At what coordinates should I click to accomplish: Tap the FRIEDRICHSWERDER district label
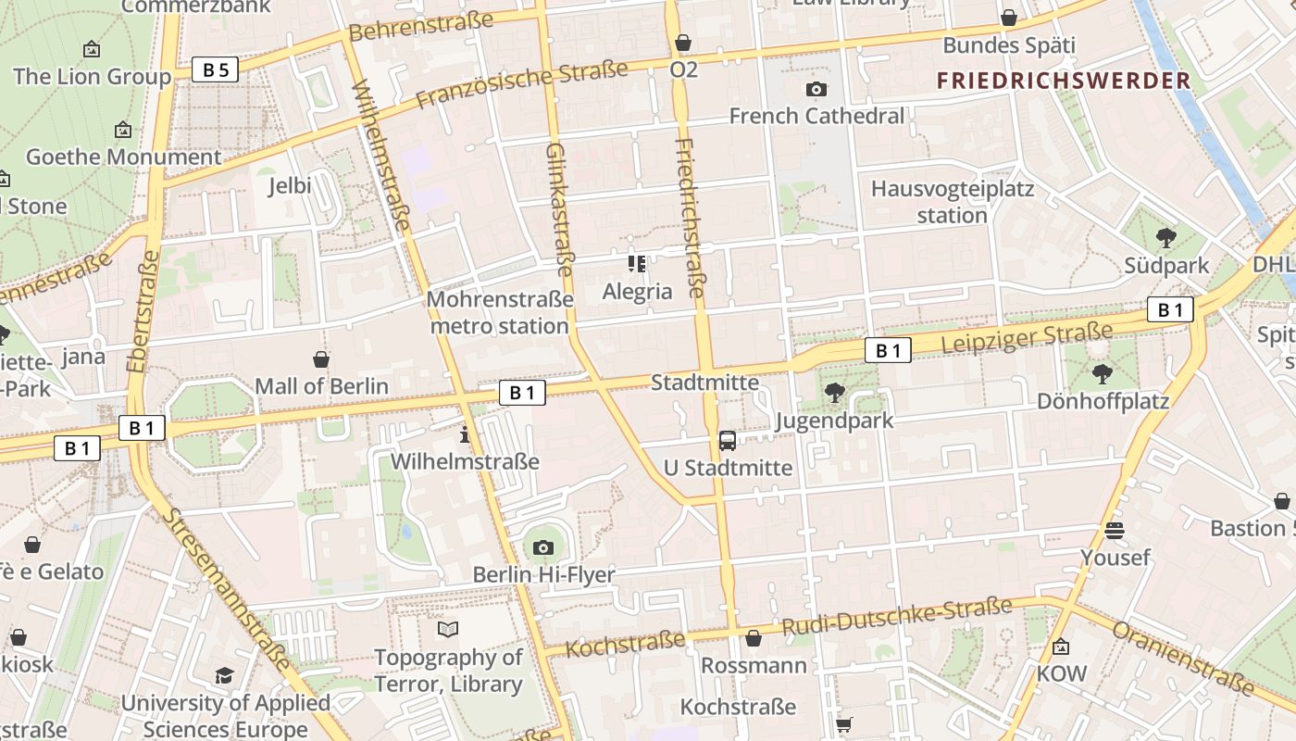point(1064,81)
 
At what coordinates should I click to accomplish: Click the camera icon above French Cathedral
point(816,90)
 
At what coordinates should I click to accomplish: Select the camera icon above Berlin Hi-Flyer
point(543,547)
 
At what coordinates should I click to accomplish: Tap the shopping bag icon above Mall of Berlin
point(321,358)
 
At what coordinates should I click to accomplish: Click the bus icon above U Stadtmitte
point(728,440)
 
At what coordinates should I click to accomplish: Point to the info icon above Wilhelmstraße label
point(465,433)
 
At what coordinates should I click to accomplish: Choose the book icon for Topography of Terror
point(448,630)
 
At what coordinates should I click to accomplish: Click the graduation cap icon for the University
point(224,675)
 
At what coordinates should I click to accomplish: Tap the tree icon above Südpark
point(1166,238)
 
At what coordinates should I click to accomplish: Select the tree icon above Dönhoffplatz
point(1102,374)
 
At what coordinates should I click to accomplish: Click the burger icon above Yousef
point(1115,530)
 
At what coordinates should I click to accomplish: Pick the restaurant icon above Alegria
point(637,264)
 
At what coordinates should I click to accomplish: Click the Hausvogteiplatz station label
point(953,202)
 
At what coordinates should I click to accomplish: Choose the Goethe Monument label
point(123,157)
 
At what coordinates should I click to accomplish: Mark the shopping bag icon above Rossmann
point(754,638)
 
